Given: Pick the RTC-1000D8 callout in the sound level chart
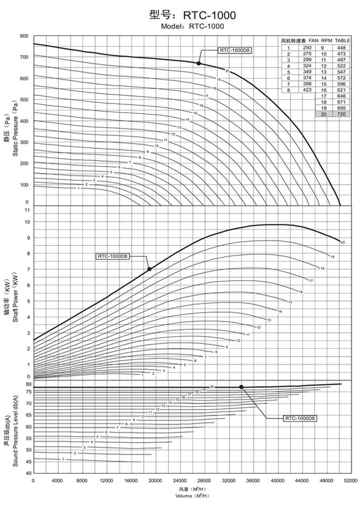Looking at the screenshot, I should pyautogui.click(x=300, y=418).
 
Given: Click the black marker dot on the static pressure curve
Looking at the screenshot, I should pyautogui.click(x=198, y=63).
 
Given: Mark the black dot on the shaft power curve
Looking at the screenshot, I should pyautogui.click(x=149, y=269).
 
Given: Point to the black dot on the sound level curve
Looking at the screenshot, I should pyautogui.click(x=241, y=387).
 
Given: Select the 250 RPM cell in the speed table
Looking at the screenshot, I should pyautogui.click(x=306, y=47).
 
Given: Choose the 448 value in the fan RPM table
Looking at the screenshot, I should pyautogui.click(x=342, y=47).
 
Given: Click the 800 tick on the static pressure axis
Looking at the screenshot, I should pyautogui.click(x=24, y=36).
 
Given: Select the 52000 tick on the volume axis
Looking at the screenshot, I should pyautogui.click(x=351, y=480).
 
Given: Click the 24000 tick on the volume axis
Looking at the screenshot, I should pyautogui.click(x=180, y=480).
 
